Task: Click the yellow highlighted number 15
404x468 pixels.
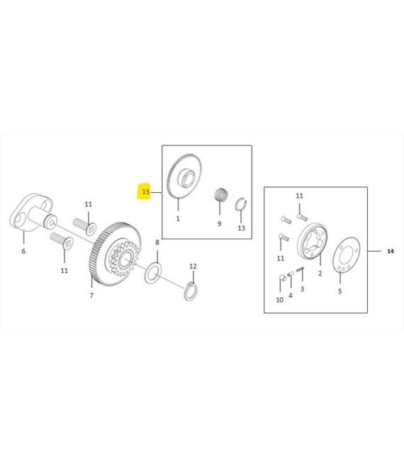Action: (146, 191)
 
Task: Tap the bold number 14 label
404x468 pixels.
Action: (391, 251)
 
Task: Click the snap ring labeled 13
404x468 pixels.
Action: (241, 204)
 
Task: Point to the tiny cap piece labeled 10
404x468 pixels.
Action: (283, 277)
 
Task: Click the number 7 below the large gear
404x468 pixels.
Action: (91, 295)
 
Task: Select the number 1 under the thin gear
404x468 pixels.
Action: (178, 218)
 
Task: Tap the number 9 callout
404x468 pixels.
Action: (219, 223)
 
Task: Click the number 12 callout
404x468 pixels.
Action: (193, 266)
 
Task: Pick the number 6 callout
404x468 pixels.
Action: (23, 251)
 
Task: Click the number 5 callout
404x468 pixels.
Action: (340, 291)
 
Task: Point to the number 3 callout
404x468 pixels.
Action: (302, 289)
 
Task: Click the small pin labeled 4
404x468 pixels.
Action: (291, 274)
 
